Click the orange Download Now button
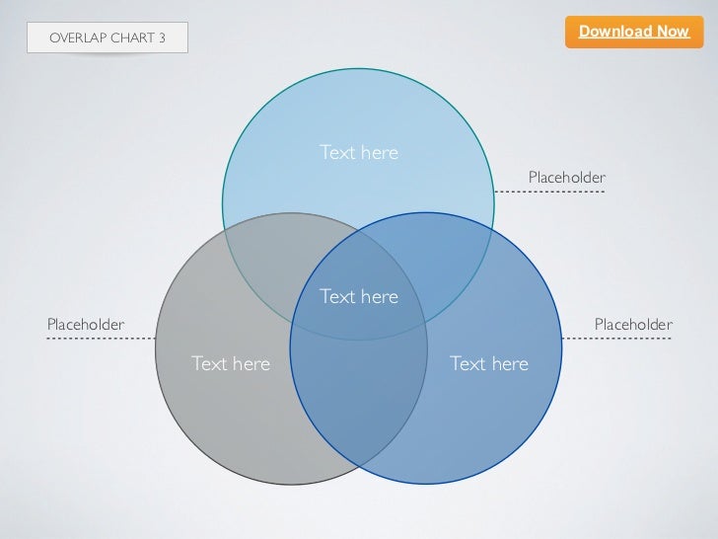click(x=634, y=32)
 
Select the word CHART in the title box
click(x=134, y=38)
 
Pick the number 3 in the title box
click(x=162, y=38)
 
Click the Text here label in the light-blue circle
click(x=359, y=153)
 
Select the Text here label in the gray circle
click(x=230, y=364)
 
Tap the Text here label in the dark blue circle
click(x=489, y=364)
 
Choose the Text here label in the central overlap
click(x=359, y=297)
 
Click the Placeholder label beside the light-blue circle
click(x=567, y=177)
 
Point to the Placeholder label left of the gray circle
click(x=86, y=325)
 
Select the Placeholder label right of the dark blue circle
click(x=633, y=325)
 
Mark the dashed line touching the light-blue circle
click(x=548, y=192)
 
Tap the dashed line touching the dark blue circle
click(x=616, y=339)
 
